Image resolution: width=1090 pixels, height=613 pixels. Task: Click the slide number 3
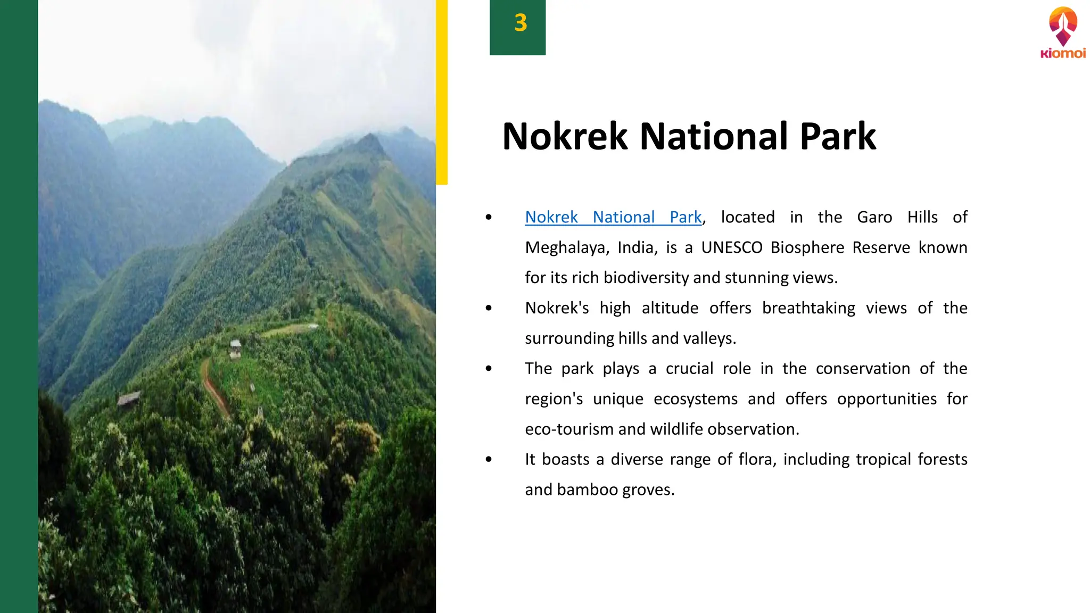(x=520, y=23)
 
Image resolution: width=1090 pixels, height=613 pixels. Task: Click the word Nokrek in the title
(x=565, y=136)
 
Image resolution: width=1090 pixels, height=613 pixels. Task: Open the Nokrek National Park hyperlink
(x=613, y=217)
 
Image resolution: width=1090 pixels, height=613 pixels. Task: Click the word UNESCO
(x=731, y=247)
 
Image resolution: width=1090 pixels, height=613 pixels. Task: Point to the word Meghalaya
(x=566, y=247)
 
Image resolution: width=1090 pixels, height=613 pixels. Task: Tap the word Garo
(x=874, y=217)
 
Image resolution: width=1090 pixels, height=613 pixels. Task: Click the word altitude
(x=670, y=308)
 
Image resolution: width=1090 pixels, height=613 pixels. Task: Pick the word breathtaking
(x=808, y=308)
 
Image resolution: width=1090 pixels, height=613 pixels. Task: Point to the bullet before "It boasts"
(x=489, y=460)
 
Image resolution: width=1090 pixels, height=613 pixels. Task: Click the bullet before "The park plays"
(x=489, y=369)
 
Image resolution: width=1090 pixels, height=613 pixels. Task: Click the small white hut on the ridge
(x=235, y=349)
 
